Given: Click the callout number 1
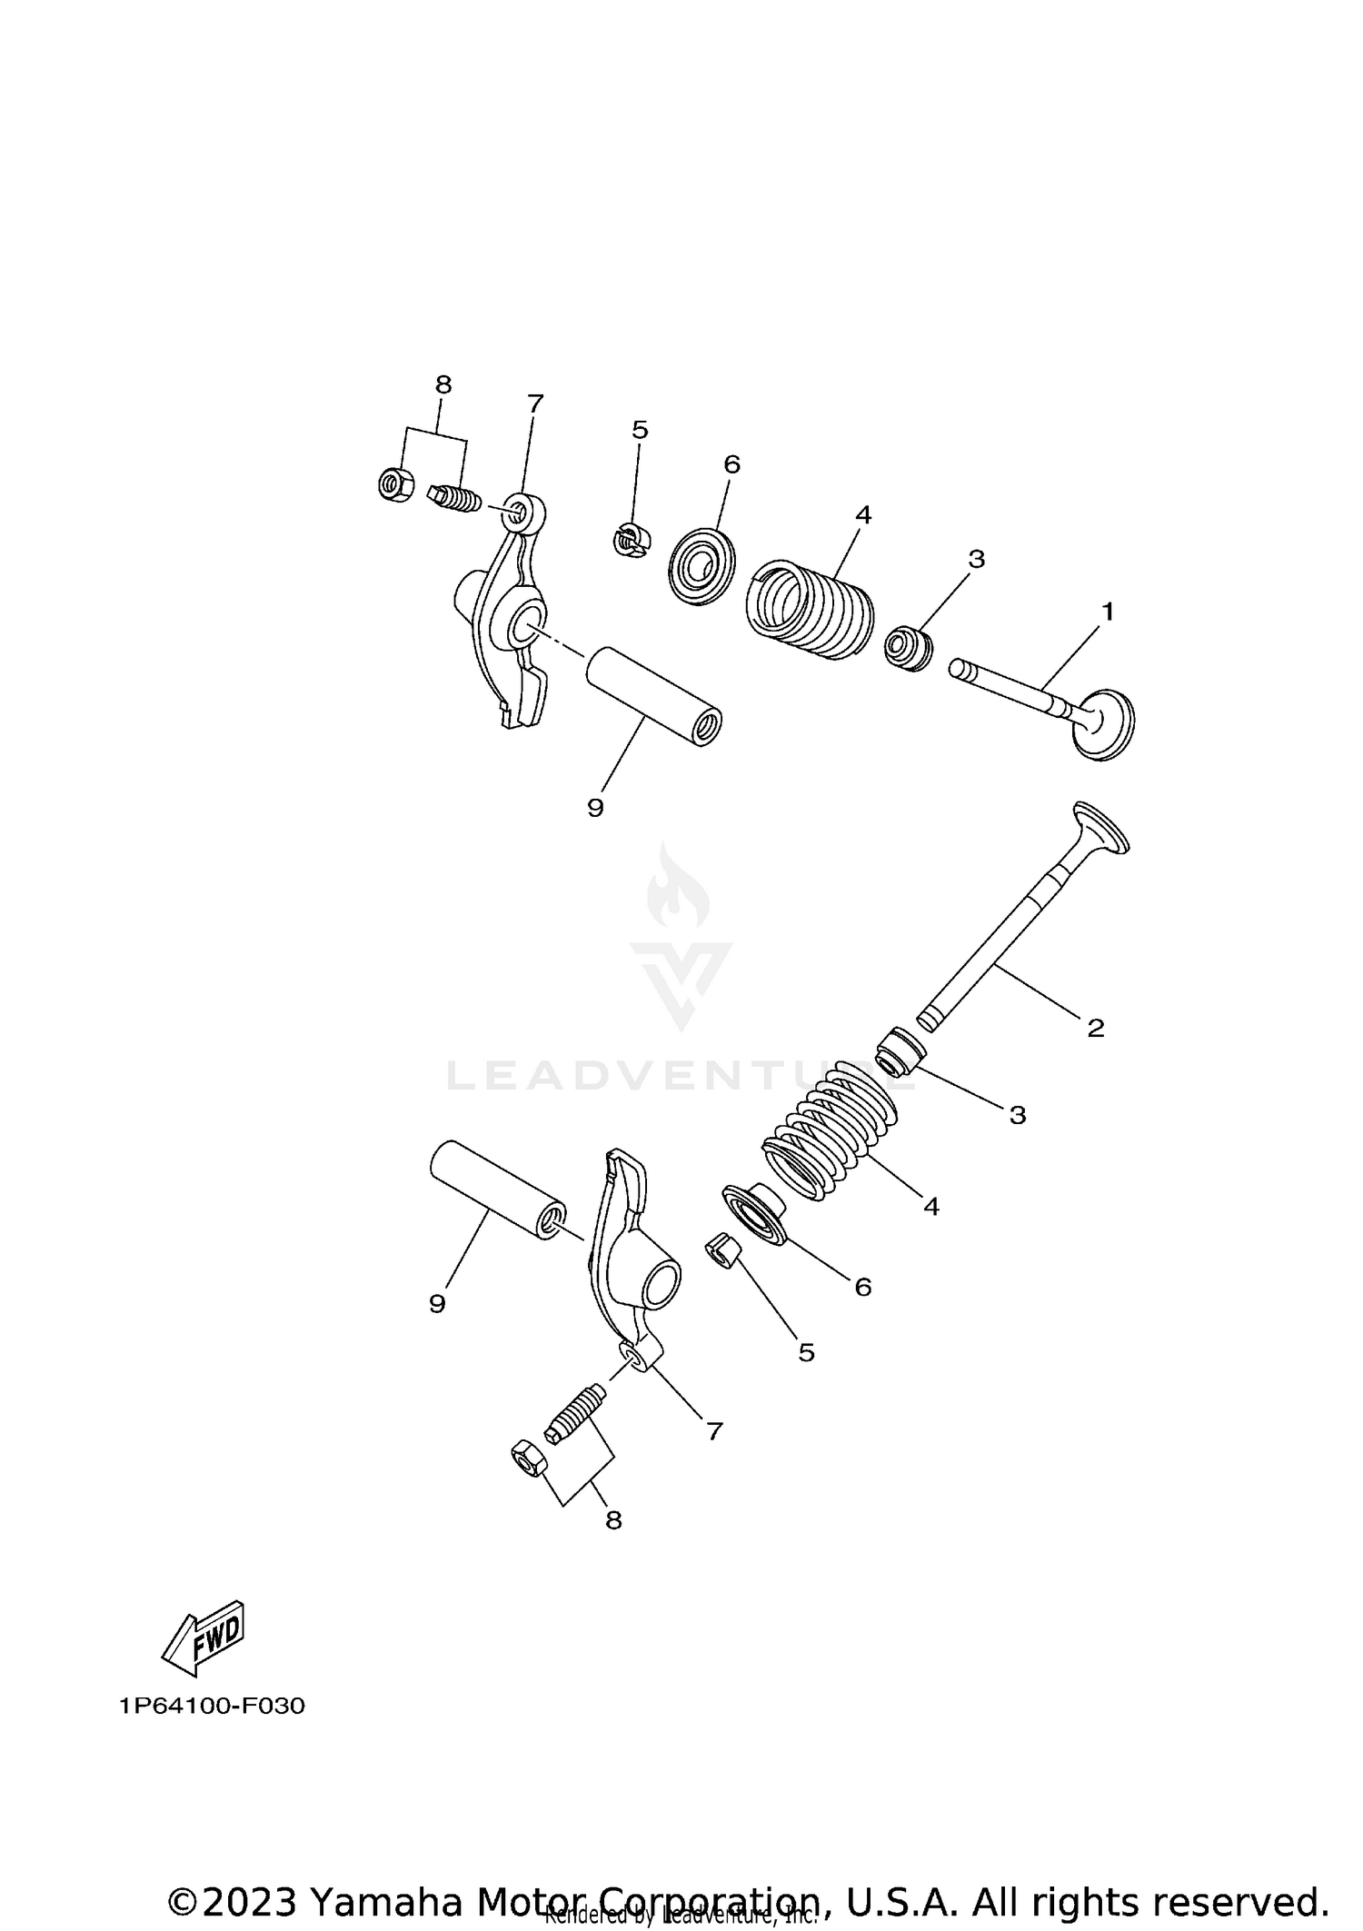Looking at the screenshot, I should click(x=1107, y=612).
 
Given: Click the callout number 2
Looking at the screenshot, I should click(x=1096, y=1028).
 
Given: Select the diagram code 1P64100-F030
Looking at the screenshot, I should click(x=212, y=1706).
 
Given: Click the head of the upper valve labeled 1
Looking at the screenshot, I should click(x=1105, y=723).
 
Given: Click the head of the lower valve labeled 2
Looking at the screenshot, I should click(x=1102, y=827).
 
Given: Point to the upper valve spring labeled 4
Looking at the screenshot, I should click(x=809, y=609).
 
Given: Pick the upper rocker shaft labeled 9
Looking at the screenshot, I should click(x=653, y=696).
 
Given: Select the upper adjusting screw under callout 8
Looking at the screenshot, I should click(x=453, y=497).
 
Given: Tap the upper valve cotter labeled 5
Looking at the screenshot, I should click(x=630, y=541).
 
